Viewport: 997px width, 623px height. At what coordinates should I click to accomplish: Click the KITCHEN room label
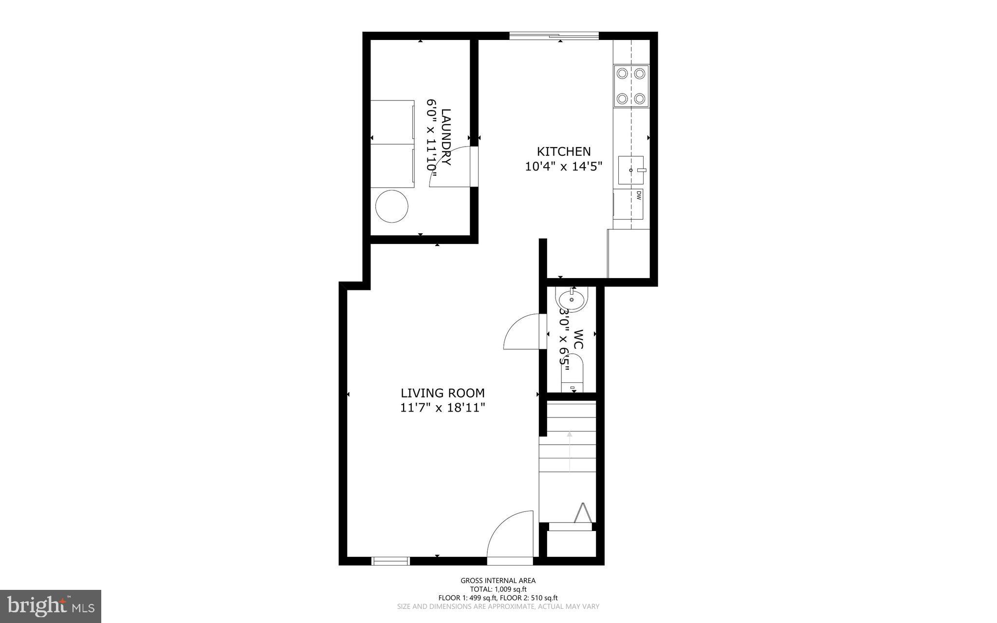click(563, 151)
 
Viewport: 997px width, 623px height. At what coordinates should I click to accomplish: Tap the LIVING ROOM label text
click(443, 393)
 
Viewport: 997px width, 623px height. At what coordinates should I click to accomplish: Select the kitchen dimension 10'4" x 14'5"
click(563, 167)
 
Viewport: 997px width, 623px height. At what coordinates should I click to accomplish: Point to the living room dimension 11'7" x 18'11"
click(443, 408)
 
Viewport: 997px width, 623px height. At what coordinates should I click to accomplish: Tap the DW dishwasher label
click(638, 195)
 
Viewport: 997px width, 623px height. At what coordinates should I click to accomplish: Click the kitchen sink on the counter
click(630, 170)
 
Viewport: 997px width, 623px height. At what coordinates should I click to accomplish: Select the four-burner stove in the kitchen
click(631, 86)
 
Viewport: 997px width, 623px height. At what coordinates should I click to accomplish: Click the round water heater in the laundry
click(391, 207)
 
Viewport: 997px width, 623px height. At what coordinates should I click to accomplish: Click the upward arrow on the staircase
click(570, 451)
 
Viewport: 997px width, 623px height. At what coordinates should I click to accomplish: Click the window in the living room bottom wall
click(390, 561)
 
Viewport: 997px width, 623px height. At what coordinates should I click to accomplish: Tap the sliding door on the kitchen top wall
click(554, 35)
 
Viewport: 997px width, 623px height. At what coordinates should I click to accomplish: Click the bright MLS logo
click(51, 606)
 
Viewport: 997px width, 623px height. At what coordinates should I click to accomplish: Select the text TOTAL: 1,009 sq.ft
click(498, 589)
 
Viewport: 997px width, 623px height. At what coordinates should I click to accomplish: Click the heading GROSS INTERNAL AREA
click(498, 581)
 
